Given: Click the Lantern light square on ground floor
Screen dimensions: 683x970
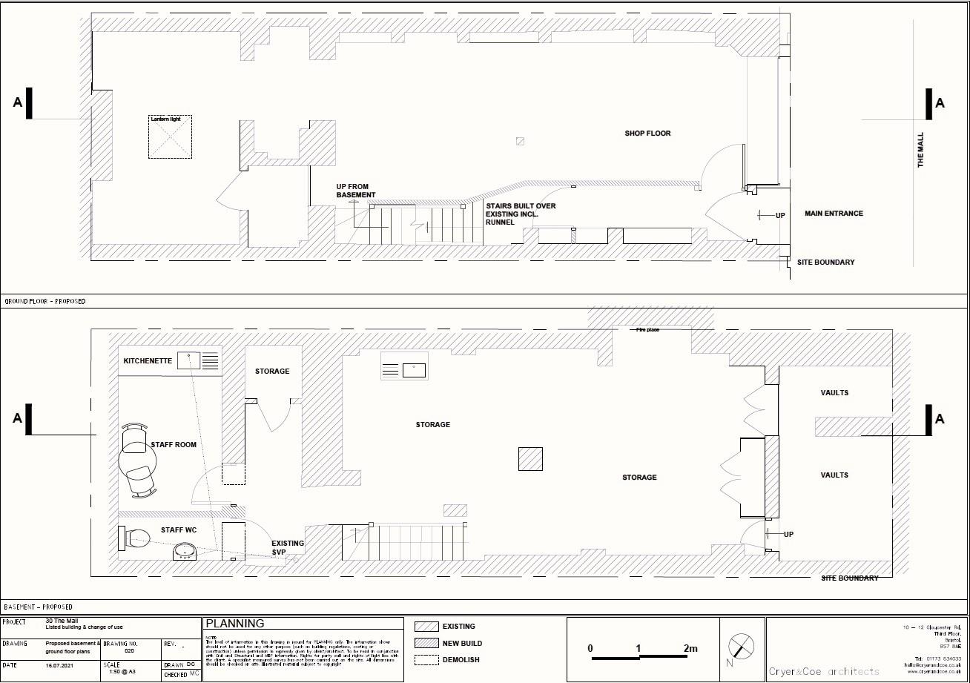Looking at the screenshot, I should pos(170,137).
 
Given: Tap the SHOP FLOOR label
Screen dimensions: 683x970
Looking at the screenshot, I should pos(647,133).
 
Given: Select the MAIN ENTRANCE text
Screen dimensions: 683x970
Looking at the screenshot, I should pos(834,214).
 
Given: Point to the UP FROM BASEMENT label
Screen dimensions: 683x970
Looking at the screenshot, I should pos(356,191).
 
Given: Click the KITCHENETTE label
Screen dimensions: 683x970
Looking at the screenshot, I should pos(148,361).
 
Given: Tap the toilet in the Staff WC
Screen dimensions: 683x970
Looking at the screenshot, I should pos(134,537).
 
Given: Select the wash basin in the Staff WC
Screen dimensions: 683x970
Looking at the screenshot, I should pos(185,551).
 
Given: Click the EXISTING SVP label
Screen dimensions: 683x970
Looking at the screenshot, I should pos(287,548).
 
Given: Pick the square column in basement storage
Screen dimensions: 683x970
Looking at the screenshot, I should pos(530,459).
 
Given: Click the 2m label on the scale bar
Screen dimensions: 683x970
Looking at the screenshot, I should pos(690,648).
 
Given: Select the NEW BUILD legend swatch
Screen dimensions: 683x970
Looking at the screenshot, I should pos(426,643).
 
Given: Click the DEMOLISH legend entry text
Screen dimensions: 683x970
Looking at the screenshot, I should pos(461,659).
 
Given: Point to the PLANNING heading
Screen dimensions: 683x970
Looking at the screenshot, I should pos(234,624).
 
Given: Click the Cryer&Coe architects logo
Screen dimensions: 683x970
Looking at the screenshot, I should pos(823,671).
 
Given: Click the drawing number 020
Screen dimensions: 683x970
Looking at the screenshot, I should pos(130,650).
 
